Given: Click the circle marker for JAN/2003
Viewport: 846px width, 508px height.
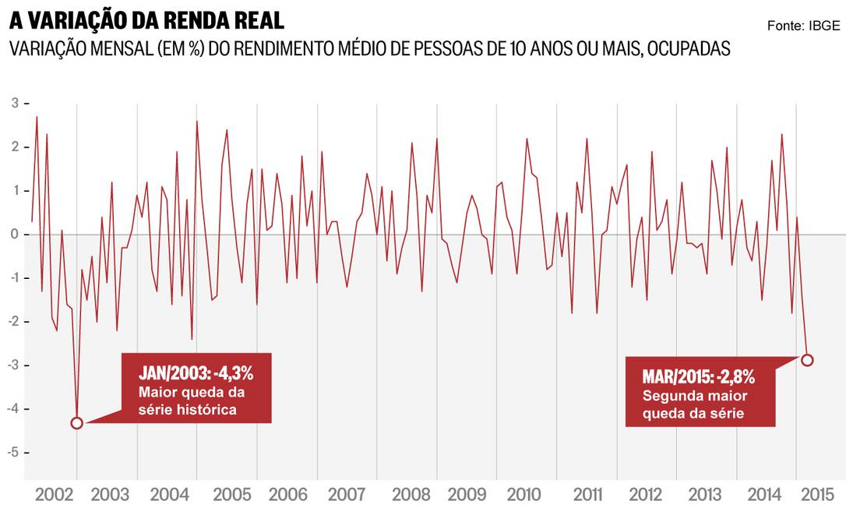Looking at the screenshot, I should (x=76, y=423).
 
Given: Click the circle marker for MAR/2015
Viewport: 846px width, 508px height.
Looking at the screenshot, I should (x=807, y=360).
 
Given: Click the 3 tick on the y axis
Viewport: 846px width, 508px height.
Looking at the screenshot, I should (x=15, y=104).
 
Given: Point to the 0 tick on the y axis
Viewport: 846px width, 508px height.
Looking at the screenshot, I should (x=15, y=235).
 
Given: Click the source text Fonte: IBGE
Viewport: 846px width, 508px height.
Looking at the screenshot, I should (x=803, y=26).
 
